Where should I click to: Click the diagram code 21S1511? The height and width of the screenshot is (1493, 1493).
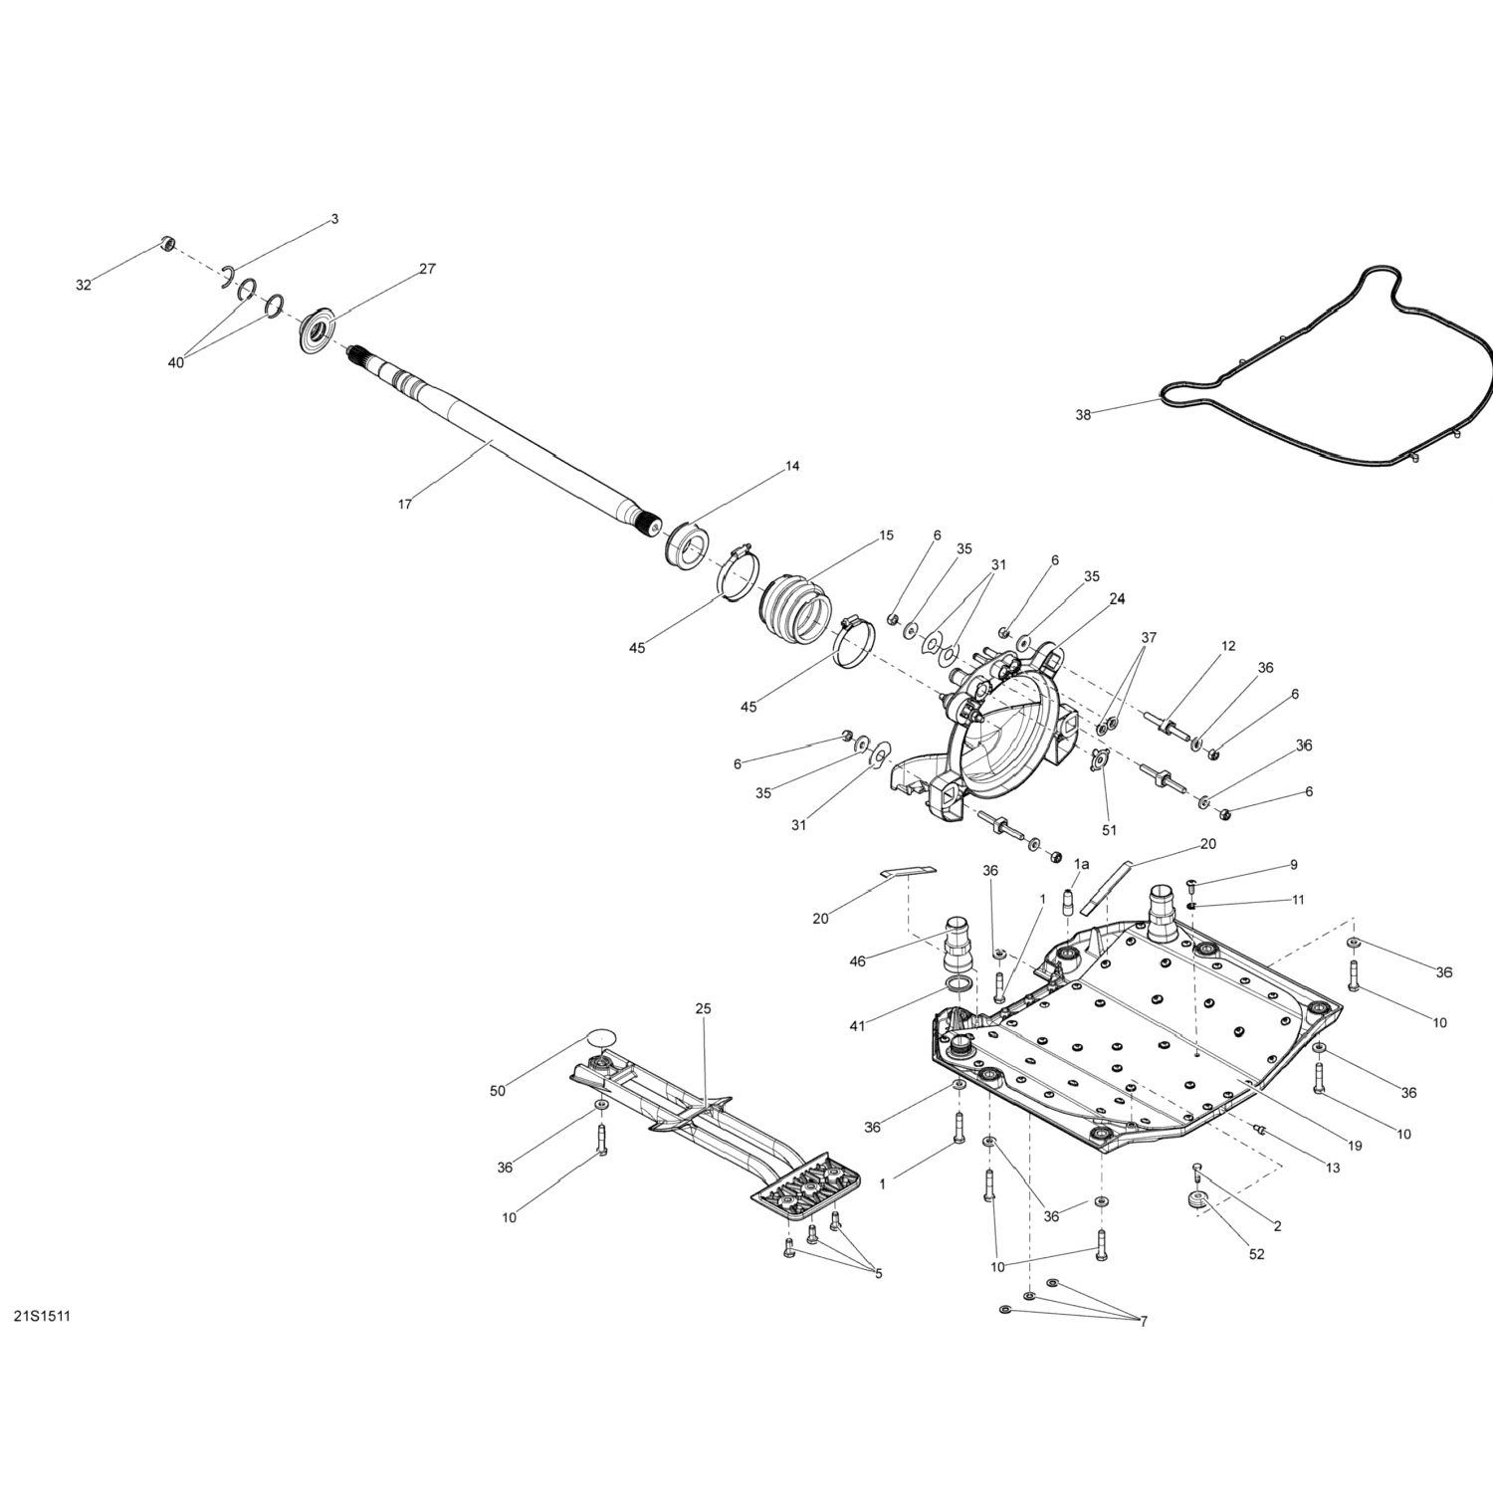(x=41, y=1317)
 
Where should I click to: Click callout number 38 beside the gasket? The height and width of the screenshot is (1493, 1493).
(x=1083, y=414)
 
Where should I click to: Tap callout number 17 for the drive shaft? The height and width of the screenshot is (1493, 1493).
(x=404, y=505)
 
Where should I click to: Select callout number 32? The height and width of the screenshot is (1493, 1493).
(x=83, y=286)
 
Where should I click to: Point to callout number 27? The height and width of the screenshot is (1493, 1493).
(x=427, y=269)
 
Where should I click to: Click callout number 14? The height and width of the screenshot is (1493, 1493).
(x=792, y=466)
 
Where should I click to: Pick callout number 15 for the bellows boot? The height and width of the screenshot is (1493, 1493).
(x=886, y=535)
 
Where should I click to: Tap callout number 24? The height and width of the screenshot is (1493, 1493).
(x=1117, y=598)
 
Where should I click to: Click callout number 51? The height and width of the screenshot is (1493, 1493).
(x=1109, y=829)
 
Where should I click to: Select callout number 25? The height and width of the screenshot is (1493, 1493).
(x=704, y=1008)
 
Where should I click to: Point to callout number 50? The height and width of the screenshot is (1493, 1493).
(x=498, y=1091)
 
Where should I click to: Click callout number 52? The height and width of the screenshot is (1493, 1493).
(x=1256, y=1254)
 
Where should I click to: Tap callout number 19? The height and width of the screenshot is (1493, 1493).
(x=1356, y=1146)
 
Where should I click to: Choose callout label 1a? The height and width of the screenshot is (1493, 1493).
(x=1081, y=864)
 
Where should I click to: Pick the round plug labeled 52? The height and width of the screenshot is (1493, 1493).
(x=1198, y=1201)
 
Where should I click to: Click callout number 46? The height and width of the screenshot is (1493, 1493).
(x=857, y=961)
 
